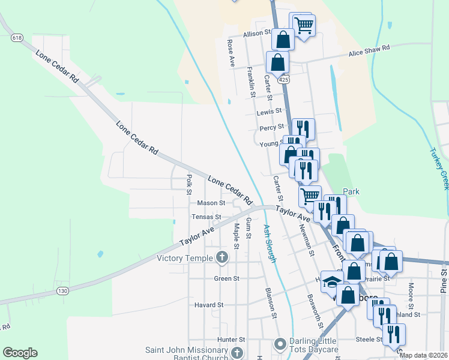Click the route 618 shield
click(17, 38)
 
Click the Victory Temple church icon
click(222, 258)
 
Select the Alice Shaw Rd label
click(370, 50)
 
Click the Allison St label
click(253, 34)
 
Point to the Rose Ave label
click(230, 53)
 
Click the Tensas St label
click(206, 217)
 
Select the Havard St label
click(208, 305)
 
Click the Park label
click(351, 191)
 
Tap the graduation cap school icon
click(331, 281)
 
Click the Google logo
click(20, 352)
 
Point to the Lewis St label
click(268, 112)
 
